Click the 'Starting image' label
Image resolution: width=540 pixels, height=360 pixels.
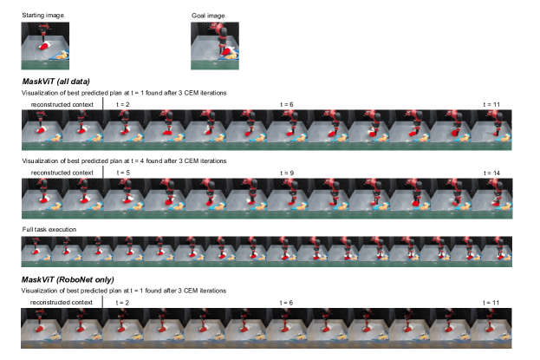42,15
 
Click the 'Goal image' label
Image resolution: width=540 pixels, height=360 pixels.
208,16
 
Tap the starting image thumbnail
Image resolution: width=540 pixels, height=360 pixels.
45,46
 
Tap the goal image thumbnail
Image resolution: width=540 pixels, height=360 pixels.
215,46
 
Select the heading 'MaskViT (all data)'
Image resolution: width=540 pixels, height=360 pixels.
55,82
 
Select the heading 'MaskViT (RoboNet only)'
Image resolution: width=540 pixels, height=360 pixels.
68,279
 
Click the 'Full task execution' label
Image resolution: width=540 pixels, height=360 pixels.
49,229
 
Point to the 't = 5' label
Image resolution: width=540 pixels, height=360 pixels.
123,173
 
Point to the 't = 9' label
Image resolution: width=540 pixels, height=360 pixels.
287,173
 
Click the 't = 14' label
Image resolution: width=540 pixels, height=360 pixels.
491,173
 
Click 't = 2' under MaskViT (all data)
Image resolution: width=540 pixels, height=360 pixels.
122,104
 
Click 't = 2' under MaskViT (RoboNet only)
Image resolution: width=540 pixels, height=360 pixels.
122,303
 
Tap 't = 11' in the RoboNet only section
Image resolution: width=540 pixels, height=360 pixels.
491,303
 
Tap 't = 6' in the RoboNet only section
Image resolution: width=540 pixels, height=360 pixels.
286,303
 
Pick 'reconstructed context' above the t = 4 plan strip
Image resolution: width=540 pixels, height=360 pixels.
62,173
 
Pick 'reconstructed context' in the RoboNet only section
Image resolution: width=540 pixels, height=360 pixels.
62,303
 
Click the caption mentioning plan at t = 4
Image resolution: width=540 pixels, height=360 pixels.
124,161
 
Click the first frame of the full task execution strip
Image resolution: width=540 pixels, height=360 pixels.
36,252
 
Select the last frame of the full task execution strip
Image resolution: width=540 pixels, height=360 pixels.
497,252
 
